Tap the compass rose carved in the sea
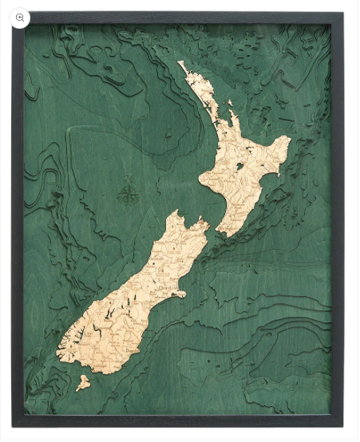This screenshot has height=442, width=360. pyautogui.click(x=128, y=192)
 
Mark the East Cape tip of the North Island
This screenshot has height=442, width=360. pyautogui.click(x=288, y=142)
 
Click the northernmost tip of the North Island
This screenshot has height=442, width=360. pyautogui.click(x=181, y=62)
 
